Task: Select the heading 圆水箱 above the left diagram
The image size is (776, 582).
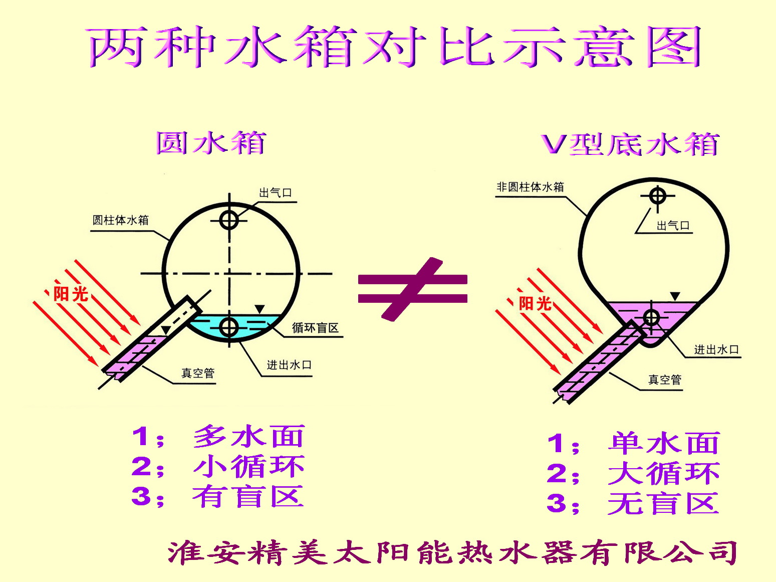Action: coord(210,143)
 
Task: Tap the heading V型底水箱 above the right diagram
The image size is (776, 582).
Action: coord(630,145)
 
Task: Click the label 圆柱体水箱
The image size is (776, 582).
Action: coord(121,220)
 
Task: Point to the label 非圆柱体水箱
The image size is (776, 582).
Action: coord(530,187)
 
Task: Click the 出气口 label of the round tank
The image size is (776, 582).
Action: coord(275,192)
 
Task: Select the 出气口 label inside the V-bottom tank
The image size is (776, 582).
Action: coord(673,226)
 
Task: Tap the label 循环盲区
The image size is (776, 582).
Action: coord(315,328)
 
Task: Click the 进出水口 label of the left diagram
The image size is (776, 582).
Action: coord(289,365)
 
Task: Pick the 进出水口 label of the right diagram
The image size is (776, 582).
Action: coord(716,349)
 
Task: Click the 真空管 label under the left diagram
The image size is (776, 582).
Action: coord(197,373)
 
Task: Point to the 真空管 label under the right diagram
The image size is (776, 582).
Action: coord(665,379)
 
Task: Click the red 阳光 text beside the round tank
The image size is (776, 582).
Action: coord(71,294)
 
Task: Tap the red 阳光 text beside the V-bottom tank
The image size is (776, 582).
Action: coord(535,303)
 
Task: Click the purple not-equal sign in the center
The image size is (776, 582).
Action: coord(412,289)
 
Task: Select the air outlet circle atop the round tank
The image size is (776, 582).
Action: coord(229,220)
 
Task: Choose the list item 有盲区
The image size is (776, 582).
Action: coord(248,496)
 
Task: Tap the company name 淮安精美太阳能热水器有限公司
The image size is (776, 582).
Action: coord(452,553)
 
